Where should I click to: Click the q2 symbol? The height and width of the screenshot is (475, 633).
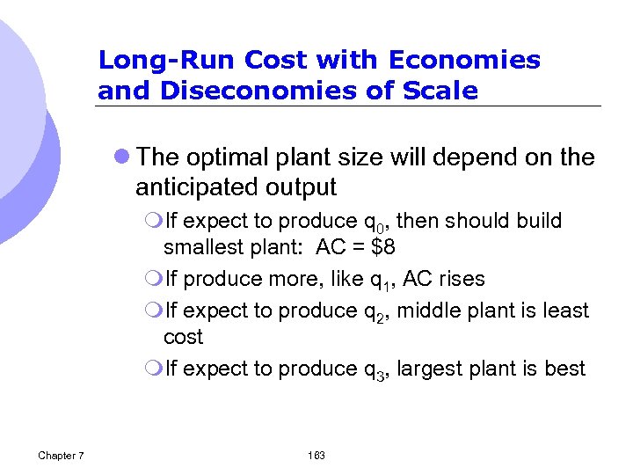click(x=373, y=311)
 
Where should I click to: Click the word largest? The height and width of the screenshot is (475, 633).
click(x=433, y=369)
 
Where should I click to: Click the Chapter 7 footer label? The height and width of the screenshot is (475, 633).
click(x=62, y=455)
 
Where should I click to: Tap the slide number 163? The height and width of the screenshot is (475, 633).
click(x=316, y=455)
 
